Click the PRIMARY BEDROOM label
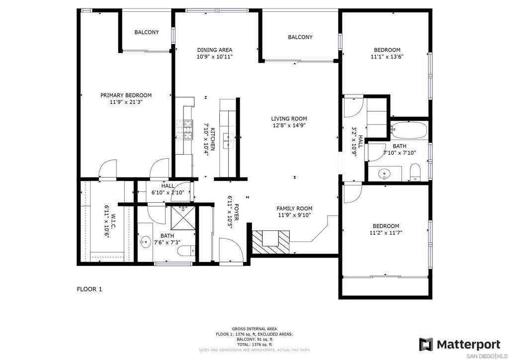(x=126, y=95)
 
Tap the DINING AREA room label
(x=215, y=50)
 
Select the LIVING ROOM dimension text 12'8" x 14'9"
(x=289, y=125)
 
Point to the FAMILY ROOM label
(x=294, y=208)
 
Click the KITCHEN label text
(x=213, y=139)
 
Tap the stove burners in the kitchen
(x=184, y=129)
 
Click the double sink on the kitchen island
(x=230, y=140)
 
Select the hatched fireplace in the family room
(x=271, y=242)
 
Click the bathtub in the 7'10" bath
(x=409, y=130)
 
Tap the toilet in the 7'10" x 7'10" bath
(x=415, y=172)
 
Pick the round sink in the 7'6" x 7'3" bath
(x=146, y=242)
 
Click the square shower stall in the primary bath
(x=183, y=218)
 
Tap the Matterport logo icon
(x=426, y=345)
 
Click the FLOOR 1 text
(x=89, y=289)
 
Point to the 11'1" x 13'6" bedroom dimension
(x=387, y=57)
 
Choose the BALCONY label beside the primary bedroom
(x=147, y=32)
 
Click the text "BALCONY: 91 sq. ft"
(x=254, y=339)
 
